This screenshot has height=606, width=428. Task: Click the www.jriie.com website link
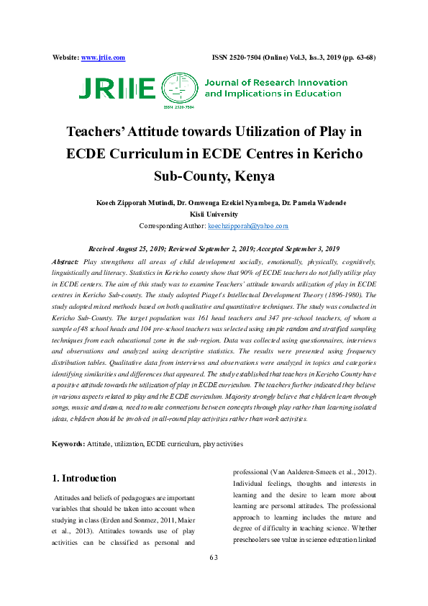(104, 58)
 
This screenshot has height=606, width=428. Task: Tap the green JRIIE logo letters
(117, 88)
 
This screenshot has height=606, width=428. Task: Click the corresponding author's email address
(248, 225)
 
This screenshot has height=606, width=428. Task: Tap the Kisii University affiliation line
(214, 214)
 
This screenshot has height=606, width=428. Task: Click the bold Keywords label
(69, 444)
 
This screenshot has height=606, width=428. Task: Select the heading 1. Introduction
(85, 478)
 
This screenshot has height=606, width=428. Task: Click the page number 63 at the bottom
(214, 558)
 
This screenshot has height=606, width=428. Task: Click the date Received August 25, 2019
(132, 248)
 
